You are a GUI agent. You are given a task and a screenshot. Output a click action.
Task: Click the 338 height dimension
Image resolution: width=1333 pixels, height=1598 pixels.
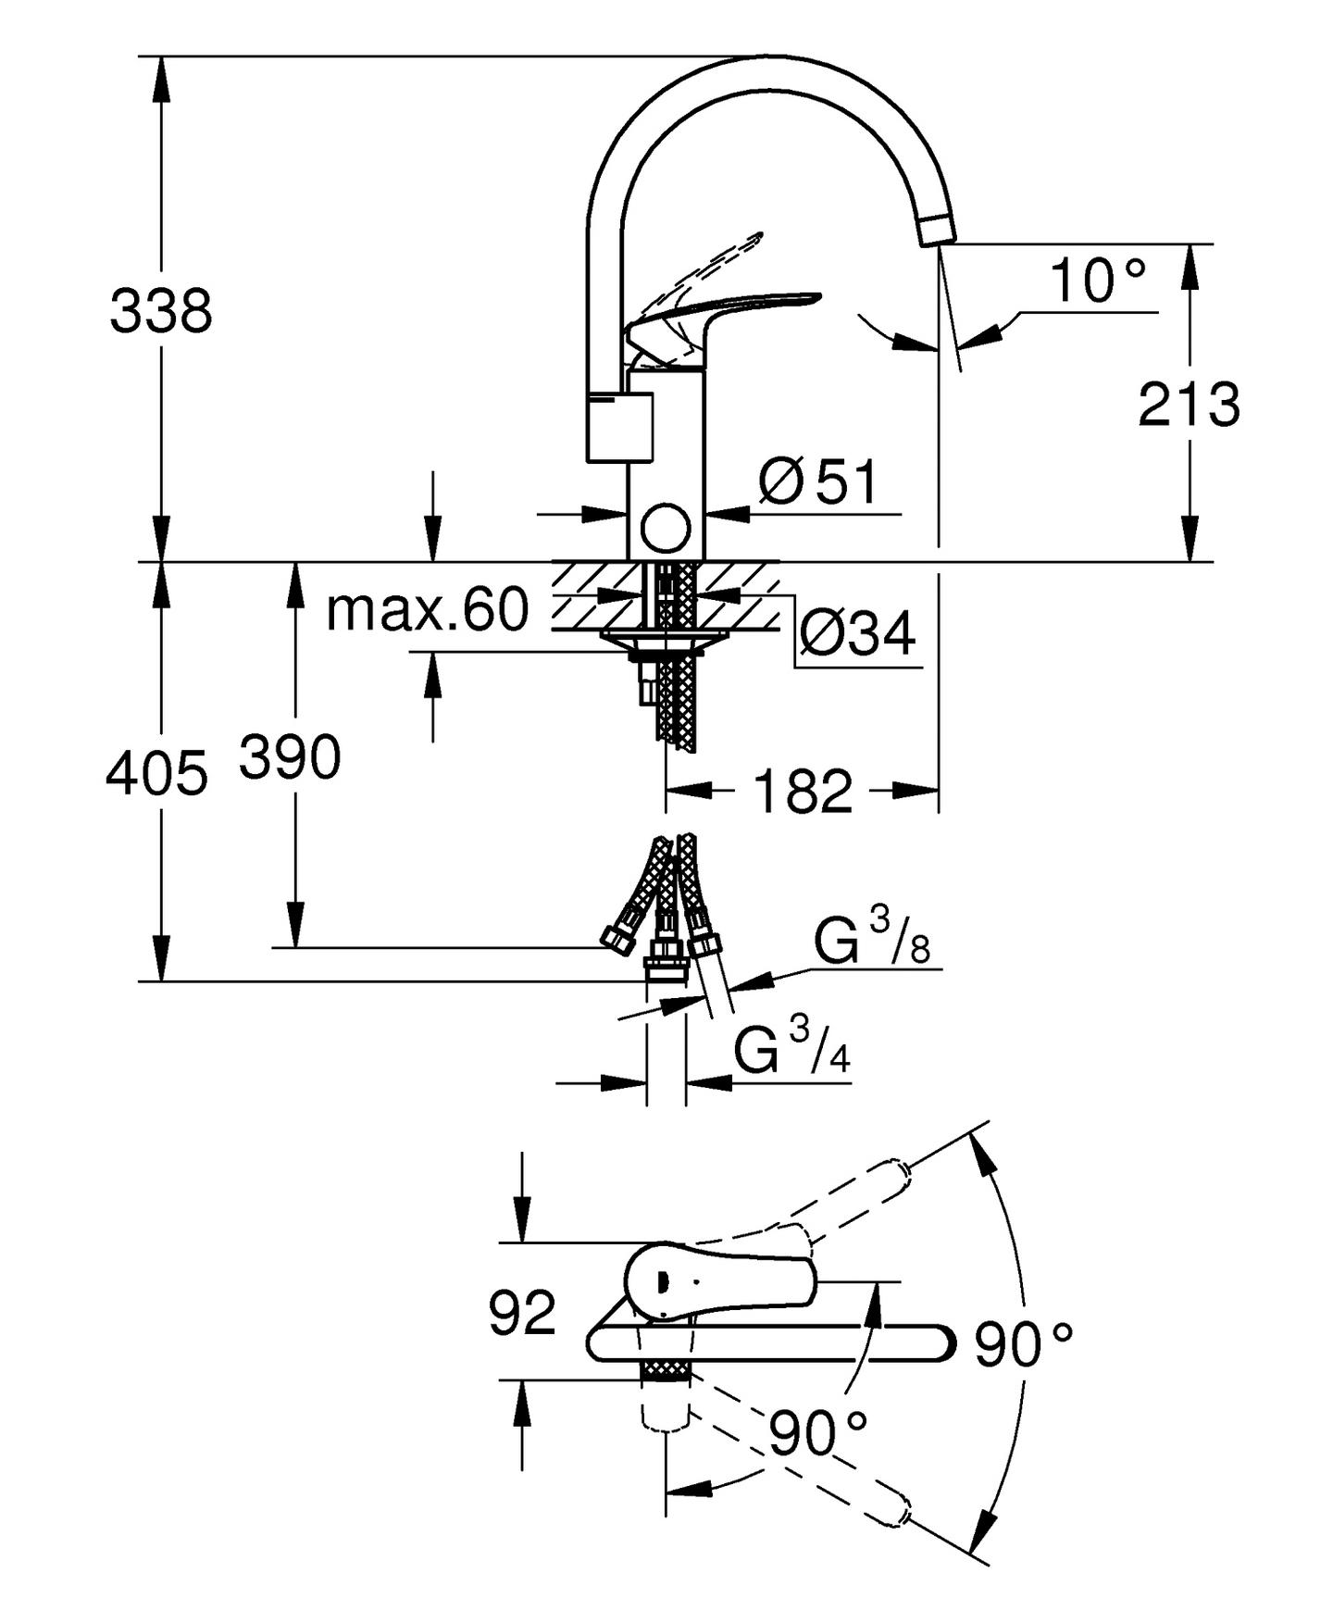click(161, 311)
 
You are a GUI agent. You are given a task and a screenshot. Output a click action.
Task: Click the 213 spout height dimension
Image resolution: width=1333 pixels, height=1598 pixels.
click(1189, 405)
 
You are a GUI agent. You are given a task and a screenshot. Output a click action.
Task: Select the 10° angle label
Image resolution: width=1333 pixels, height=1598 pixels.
click(1097, 281)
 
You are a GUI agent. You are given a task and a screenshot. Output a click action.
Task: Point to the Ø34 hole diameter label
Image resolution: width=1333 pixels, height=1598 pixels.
click(856, 634)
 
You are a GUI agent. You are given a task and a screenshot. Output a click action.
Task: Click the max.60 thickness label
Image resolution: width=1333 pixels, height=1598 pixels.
click(428, 610)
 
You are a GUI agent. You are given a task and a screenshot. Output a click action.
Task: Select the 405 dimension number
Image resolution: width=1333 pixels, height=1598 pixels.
click(156, 774)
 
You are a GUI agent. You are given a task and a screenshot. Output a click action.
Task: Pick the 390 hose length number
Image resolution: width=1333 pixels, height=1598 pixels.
click(290, 757)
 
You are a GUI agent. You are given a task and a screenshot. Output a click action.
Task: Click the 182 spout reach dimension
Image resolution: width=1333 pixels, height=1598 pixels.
click(803, 792)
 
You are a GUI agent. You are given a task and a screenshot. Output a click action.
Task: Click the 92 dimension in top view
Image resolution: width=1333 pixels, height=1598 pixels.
click(522, 1312)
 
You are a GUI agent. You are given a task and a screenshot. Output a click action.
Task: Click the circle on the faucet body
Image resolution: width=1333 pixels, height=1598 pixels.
click(666, 529)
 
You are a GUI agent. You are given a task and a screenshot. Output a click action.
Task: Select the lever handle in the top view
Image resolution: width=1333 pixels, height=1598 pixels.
click(722, 1281)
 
